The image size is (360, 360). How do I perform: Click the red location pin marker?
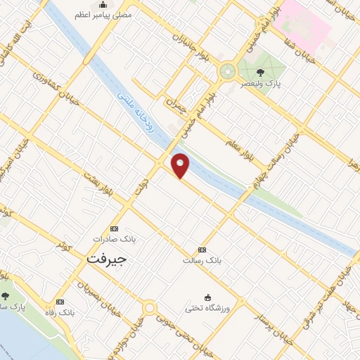(181, 165)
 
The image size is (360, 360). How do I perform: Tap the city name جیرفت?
(108, 259)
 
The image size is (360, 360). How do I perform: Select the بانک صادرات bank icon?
(115, 229)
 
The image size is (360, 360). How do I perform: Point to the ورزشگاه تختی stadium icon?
(207, 297)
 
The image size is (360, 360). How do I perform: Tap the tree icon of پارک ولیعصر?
(261, 72)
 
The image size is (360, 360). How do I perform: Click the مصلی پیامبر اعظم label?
(103, 14)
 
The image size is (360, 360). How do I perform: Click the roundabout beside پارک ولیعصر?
(227, 71)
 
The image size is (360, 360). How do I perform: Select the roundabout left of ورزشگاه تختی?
(149, 307)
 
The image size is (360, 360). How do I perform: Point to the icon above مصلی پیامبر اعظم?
(103, 5)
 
